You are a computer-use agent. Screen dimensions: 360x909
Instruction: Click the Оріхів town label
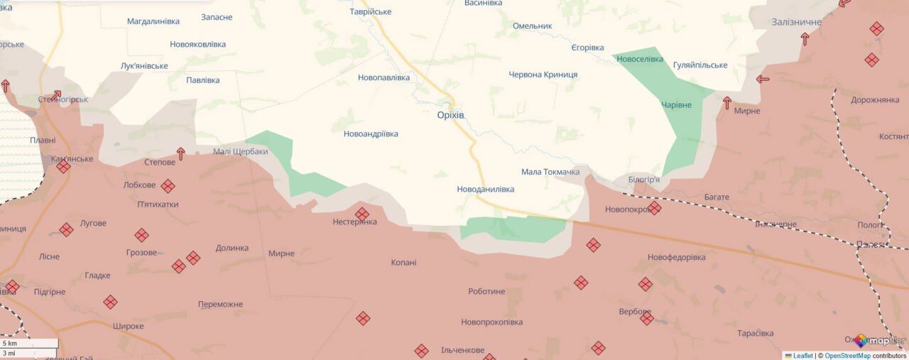tap(455, 115)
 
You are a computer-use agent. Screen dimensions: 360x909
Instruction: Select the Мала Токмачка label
tap(550, 172)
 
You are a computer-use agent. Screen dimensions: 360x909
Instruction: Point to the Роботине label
tap(486, 292)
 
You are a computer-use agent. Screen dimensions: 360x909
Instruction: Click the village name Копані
tap(403, 263)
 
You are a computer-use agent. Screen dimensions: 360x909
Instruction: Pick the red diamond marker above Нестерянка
tap(362, 214)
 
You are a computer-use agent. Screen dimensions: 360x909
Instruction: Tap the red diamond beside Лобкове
tap(168, 186)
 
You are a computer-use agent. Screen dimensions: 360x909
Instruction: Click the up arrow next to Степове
tap(180, 153)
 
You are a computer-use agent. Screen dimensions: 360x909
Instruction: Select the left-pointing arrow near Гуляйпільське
tap(763, 79)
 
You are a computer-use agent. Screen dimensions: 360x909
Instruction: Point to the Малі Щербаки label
tap(241, 152)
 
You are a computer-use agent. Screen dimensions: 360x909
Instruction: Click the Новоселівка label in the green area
tap(640, 59)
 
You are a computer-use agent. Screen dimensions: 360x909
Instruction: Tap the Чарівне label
tap(676, 105)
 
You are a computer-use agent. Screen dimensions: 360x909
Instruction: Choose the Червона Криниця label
tap(543, 75)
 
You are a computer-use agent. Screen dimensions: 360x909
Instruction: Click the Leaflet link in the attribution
tap(803, 356)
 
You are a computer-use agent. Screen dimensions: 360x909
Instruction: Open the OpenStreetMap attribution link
tap(847, 356)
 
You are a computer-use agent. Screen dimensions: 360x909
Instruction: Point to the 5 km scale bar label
tap(10, 344)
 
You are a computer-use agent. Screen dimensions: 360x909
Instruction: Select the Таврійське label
tap(371, 12)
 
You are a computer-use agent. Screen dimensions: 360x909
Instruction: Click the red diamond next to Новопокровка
tap(654, 208)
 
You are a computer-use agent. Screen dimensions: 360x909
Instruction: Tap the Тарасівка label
tap(755, 334)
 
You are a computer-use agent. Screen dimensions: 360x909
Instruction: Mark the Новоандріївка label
tap(371, 134)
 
